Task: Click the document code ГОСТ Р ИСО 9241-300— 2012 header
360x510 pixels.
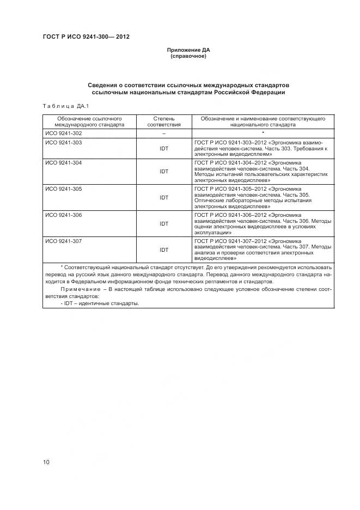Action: tap(86, 37)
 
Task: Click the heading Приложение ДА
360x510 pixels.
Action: tap(188, 50)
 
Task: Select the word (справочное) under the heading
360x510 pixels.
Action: tap(188, 56)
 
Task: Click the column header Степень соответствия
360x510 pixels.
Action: tap(163, 121)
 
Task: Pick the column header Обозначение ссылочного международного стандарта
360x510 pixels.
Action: tap(89, 121)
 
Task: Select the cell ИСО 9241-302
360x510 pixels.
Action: tap(63, 133)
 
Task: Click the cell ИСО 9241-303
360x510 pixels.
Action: tap(63, 142)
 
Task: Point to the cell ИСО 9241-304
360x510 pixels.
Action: tap(63, 163)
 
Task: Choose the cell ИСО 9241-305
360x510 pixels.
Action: tap(63, 189)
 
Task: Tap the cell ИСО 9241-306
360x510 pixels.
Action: tap(63, 215)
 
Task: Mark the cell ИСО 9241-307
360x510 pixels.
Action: tap(63, 241)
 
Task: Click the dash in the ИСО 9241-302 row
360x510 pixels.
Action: tap(163, 133)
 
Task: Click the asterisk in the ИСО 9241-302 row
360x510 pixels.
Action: tap(263, 132)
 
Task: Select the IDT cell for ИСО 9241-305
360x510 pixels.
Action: tap(163, 198)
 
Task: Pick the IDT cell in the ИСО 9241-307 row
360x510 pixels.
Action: tap(163, 250)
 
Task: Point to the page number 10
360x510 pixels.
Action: tap(46, 462)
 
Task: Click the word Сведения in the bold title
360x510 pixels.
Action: tap(103, 86)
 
